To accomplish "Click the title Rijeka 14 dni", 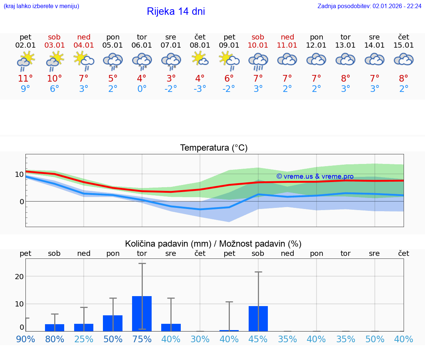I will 176,11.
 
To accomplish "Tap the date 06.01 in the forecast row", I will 142,45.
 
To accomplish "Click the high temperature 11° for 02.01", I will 25,79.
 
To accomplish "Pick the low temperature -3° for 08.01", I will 200,89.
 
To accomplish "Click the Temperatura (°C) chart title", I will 214,148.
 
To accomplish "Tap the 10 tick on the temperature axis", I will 19,174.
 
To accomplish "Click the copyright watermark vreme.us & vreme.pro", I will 315,176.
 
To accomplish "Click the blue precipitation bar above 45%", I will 258,318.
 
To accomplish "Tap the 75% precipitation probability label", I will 142,339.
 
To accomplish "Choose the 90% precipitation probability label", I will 25,339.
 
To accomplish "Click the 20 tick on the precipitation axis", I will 19,277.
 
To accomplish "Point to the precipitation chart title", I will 213,244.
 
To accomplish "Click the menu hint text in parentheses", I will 41,6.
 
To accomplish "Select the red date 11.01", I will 287,45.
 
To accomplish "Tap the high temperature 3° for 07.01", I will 171,79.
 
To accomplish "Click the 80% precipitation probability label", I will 55,339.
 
